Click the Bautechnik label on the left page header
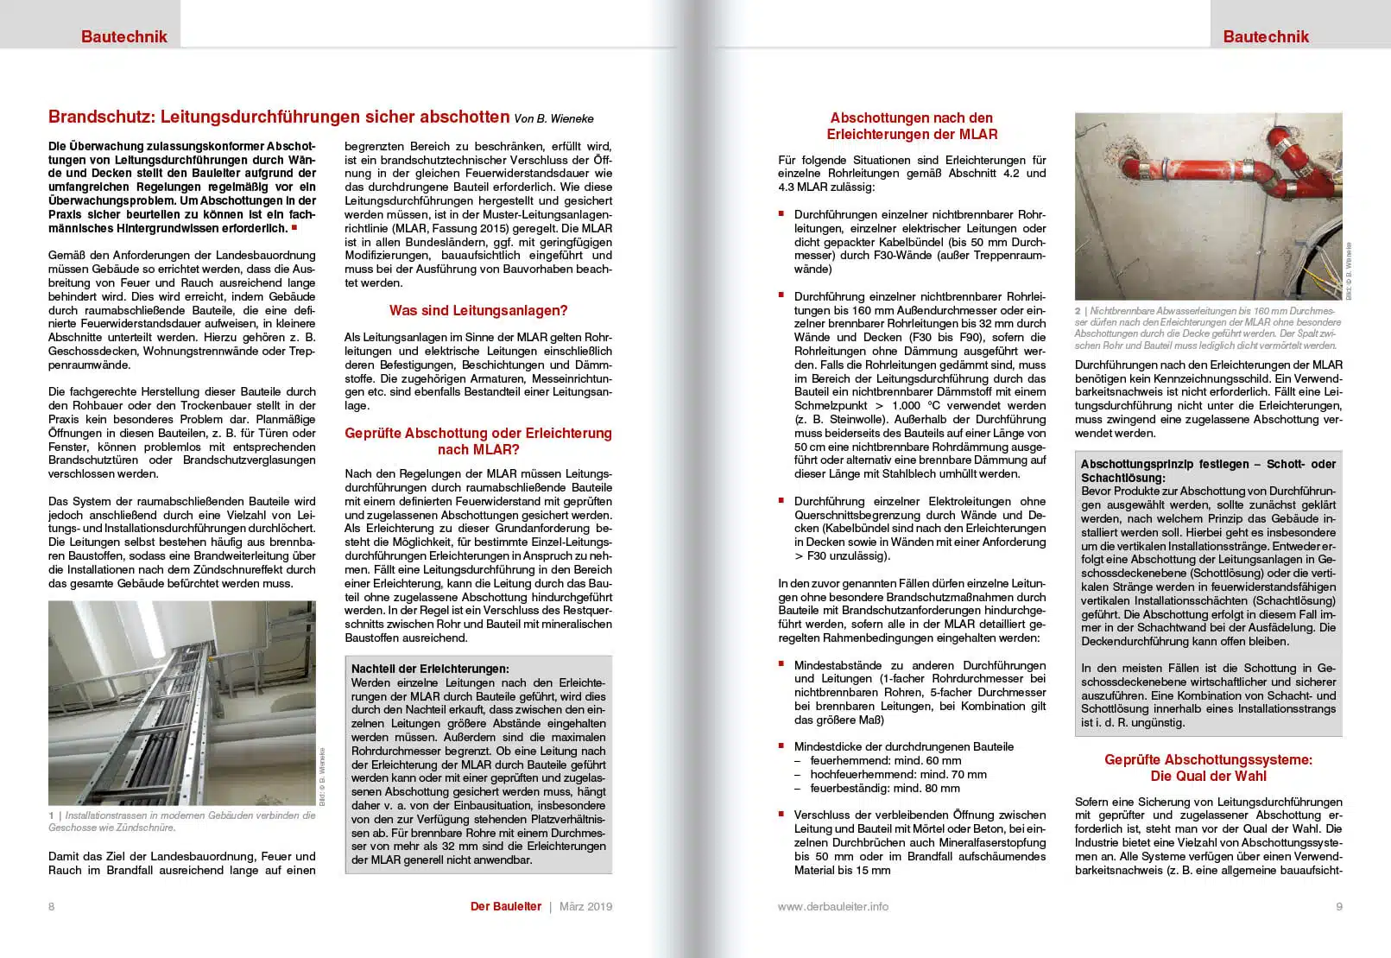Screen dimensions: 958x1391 pyautogui.click(x=124, y=36)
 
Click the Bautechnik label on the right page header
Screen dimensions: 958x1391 pyautogui.click(x=1266, y=36)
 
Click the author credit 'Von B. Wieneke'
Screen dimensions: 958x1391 pyautogui.click(x=553, y=118)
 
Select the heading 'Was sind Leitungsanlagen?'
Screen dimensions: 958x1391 pyautogui.click(x=478, y=310)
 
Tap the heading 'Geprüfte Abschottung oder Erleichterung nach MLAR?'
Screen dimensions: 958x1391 pyautogui.click(x=478, y=441)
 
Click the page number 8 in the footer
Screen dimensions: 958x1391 pyautogui.click(x=52, y=906)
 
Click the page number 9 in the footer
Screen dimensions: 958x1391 pyautogui.click(x=1339, y=906)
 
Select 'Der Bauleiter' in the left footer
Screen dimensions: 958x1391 pyautogui.click(x=506, y=906)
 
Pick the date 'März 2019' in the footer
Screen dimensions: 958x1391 pyautogui.click(x=585, y=906)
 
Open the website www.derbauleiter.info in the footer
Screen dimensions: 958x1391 pyautogui.click(x=832, y=906)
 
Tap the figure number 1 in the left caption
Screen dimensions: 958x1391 pyautogui.click(x=52, y=815)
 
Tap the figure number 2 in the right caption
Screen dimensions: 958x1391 pyautogui.click(x=1078, y=311)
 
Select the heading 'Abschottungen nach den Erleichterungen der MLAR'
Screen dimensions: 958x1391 pyautogui.click(x=912, y=126)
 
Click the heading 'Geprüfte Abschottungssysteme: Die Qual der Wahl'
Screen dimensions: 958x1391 pyautogui.click(x=1208, y=768)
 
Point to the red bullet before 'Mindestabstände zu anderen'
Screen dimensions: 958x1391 pyautogui.click(x=781, y=663)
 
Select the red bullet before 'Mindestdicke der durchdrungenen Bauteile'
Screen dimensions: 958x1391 pyautogui.click(x=781, y=745)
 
